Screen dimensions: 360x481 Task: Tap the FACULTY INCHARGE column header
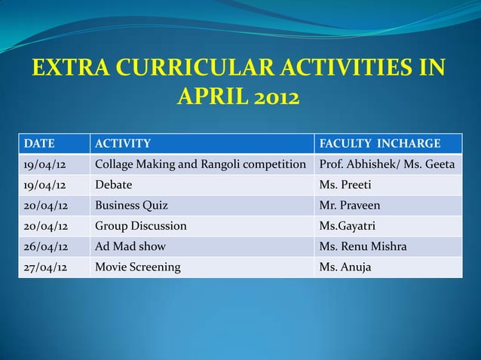380,144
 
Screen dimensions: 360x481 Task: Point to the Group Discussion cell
140,225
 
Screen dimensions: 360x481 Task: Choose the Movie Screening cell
137,266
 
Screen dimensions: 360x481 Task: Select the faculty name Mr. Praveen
351,205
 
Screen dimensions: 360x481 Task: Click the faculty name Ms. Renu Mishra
363,246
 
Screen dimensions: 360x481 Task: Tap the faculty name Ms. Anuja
345,266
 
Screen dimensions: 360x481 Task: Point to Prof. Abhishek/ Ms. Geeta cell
387,164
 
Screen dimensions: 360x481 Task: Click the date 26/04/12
44,246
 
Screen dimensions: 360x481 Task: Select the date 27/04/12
44,266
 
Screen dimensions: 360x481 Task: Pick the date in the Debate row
44,185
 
